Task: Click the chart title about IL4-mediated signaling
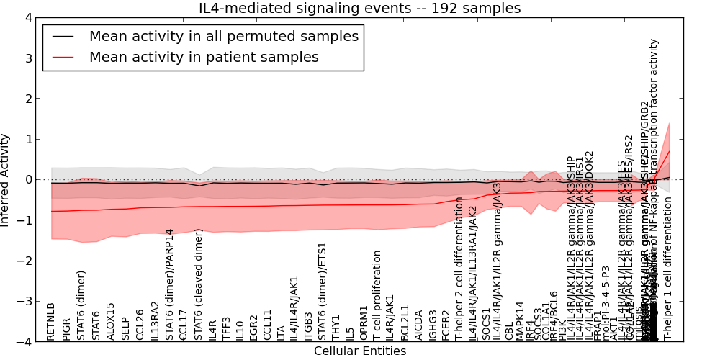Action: [360, 9]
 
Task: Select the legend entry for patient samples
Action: [204, 57]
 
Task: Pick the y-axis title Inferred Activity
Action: [6, 179]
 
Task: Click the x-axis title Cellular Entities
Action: [360, 351]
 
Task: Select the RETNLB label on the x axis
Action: [50, 321]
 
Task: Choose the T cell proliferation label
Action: [377, 295]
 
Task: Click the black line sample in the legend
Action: [63, 36]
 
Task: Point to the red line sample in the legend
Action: [63, 57]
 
